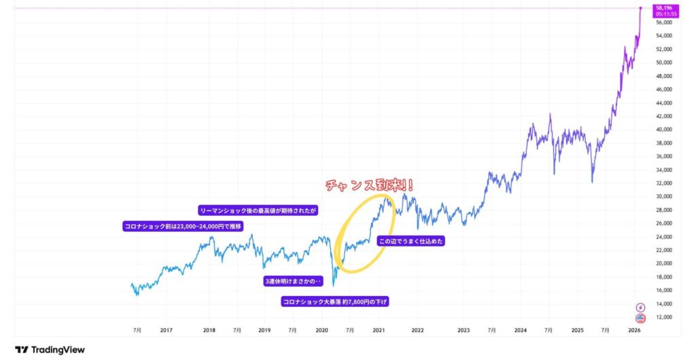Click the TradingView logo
[50, 350]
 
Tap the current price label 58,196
[664, 8]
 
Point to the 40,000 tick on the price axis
[663, 129]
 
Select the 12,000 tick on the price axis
[663, 317]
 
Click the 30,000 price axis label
[663, 196]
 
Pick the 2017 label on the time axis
[166, 330]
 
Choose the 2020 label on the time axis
[322, 330]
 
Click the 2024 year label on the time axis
[520, 330]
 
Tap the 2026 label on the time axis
[634, 330]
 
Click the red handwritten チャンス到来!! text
[371, 185]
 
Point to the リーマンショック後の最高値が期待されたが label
[258, 211]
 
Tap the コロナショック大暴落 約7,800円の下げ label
[336, 301]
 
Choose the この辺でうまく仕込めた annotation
[411, 240]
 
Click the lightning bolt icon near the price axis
[640, 307]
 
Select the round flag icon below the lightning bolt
[640, 318]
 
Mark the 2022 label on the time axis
[417, 330]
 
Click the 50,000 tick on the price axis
[663, 62]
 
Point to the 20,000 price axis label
[663, 264]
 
